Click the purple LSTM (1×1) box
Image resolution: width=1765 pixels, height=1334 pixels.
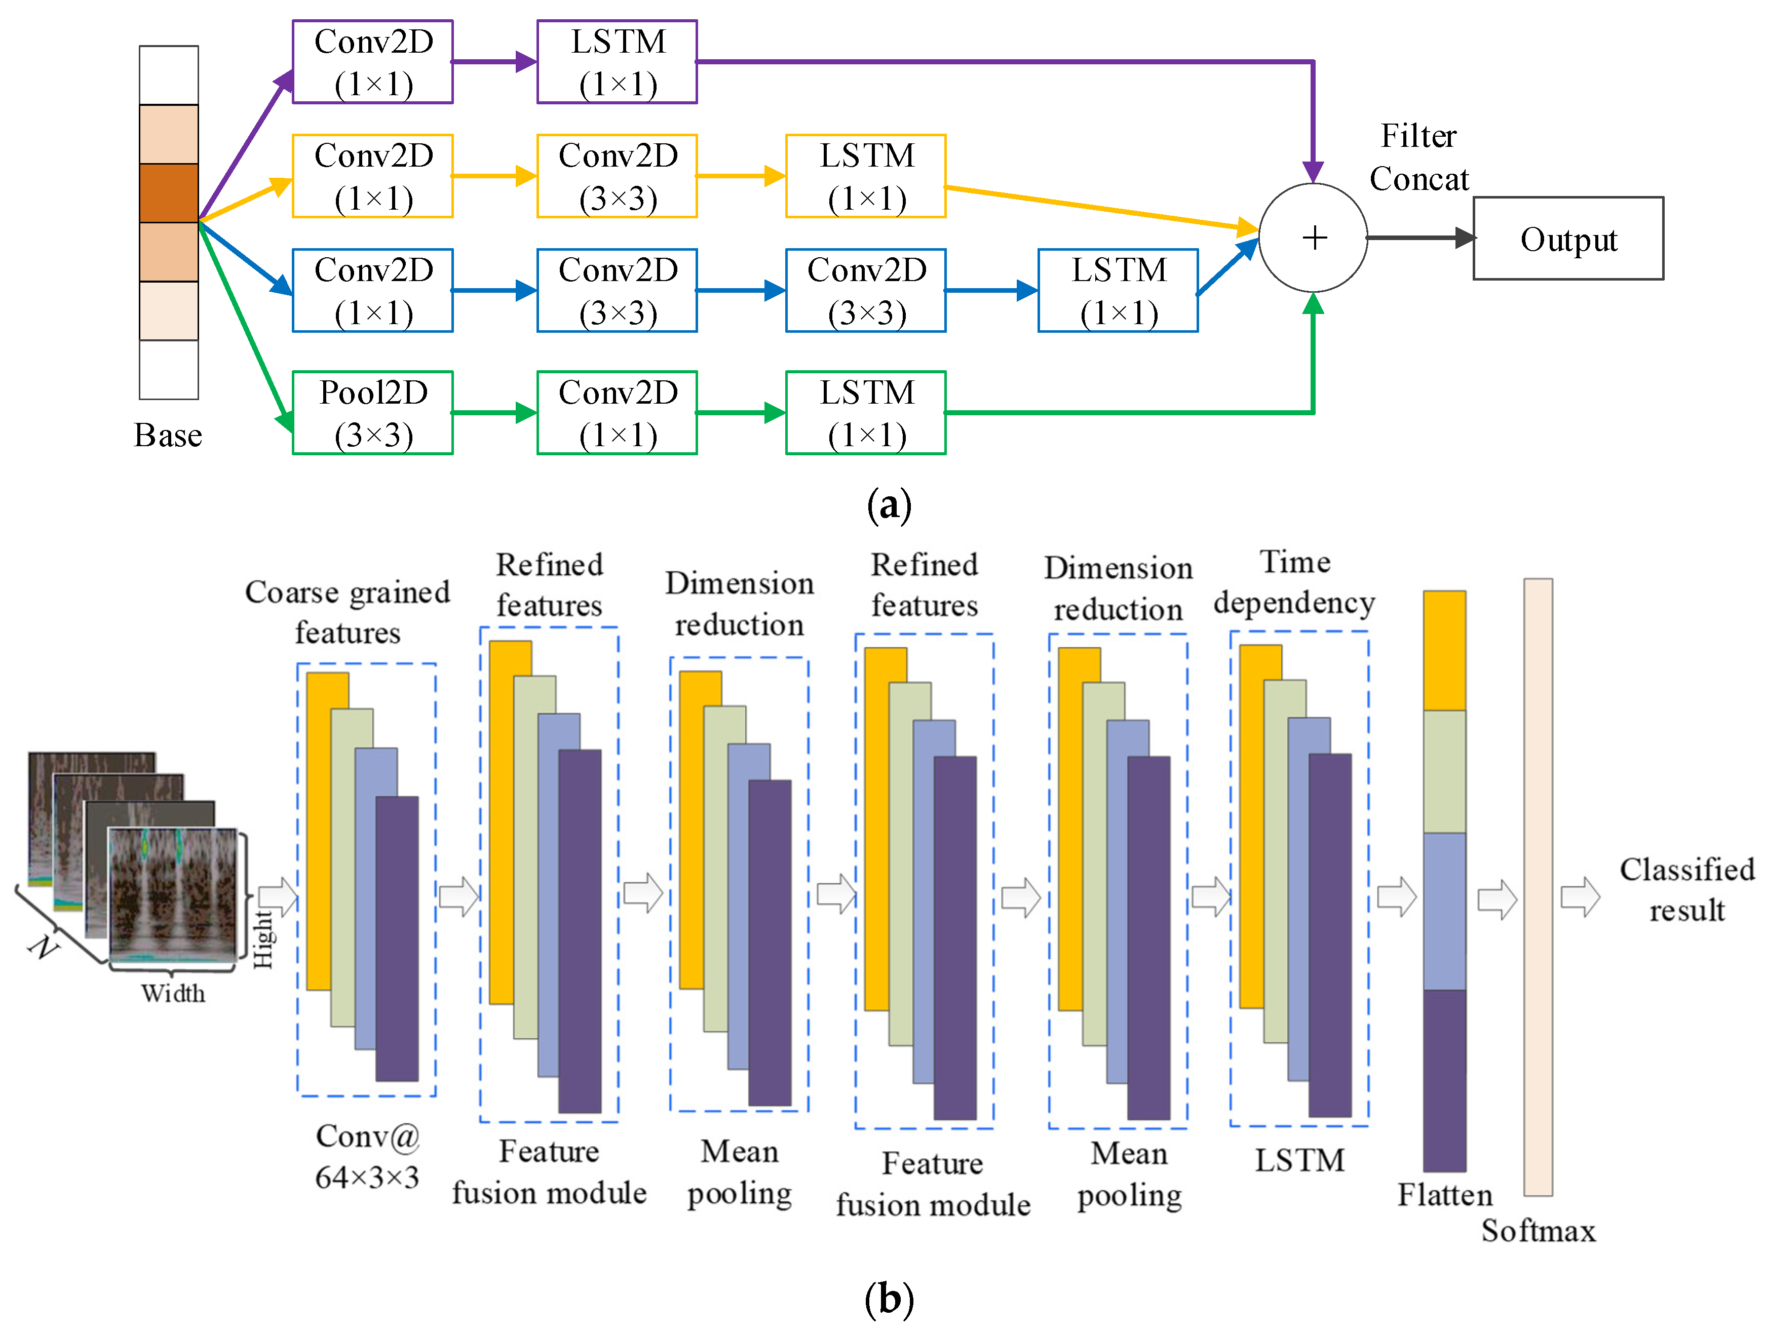617,62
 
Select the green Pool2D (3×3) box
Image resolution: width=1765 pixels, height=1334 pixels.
373,413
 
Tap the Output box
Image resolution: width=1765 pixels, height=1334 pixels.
1568,239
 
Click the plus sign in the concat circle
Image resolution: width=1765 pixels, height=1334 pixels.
1314,238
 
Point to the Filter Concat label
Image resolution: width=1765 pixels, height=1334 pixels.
1418,157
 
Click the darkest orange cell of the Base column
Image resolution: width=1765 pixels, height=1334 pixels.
168,193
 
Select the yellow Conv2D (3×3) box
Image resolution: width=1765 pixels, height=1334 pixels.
617,176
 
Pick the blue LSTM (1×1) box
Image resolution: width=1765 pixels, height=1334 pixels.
1118,290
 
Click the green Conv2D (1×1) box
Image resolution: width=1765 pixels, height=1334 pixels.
617,413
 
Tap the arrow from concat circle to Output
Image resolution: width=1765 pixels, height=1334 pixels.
1421,238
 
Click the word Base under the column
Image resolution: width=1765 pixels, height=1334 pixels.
168,436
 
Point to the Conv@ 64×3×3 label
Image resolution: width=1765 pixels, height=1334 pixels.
367,1157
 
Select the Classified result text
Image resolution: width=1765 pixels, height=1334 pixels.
1686,890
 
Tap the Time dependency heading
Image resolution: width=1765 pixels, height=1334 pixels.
1294,582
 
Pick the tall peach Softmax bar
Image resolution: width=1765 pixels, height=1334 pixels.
1538,886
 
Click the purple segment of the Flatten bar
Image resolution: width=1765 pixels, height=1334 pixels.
1444,1081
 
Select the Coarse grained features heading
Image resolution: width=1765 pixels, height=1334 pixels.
348,612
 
